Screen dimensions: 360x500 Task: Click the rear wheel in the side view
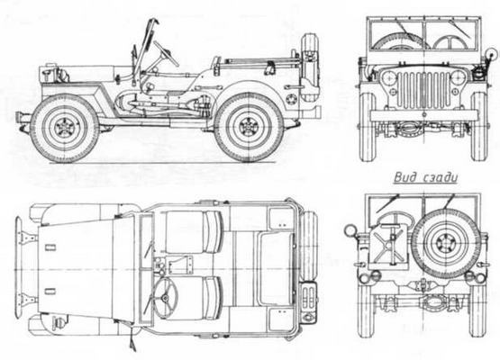249,127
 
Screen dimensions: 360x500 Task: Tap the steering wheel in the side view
166,54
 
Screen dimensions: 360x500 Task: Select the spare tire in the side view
309,70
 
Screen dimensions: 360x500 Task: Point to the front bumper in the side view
21,118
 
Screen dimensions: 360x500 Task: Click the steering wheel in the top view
168,297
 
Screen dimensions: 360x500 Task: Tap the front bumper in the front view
423,115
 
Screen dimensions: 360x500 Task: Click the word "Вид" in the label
404,177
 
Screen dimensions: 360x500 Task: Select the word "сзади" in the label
438,177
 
